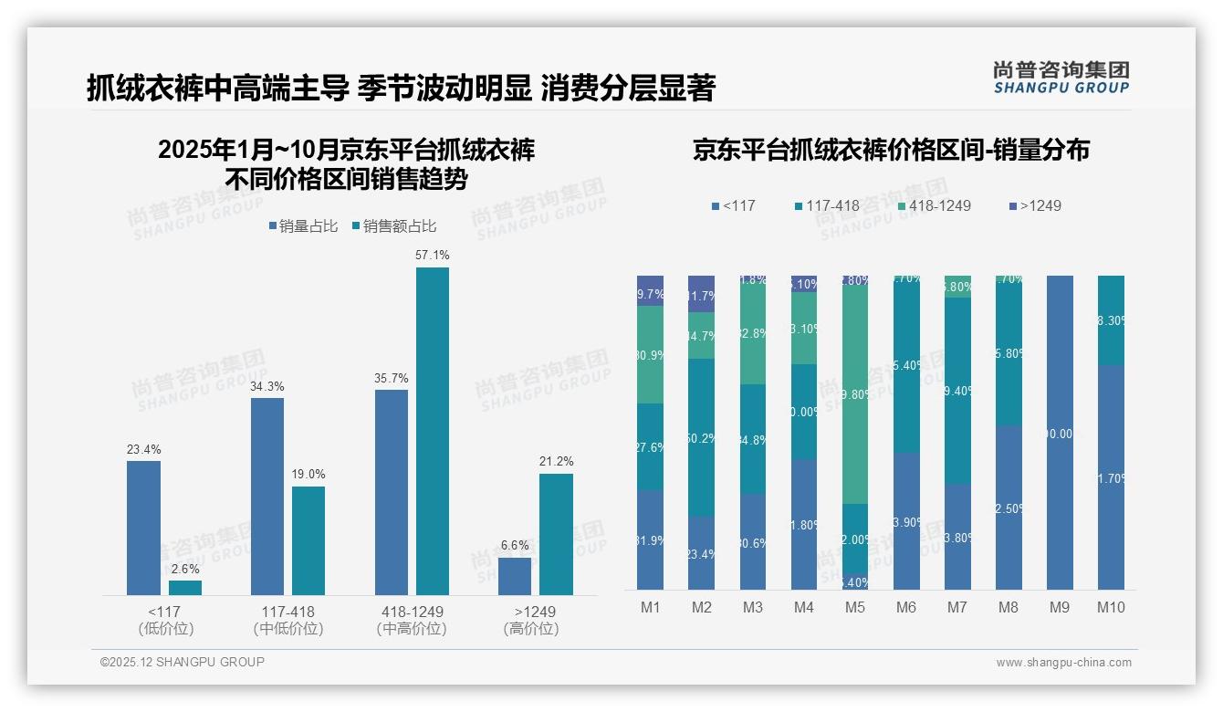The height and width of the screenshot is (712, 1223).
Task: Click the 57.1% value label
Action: point(432,256)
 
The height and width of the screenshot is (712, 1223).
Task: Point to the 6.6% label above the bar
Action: point(515,546)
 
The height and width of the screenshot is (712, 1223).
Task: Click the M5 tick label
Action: point(855,607)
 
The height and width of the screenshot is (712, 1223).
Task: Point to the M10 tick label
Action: point(1111,607)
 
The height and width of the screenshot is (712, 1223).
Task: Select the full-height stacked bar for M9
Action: point(1060,433)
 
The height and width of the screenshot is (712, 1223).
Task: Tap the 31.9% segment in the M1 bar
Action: point(650,539)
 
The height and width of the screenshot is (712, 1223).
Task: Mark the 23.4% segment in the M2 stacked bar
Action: point(702,553)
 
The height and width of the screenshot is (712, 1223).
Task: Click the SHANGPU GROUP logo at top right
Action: point(1061,78)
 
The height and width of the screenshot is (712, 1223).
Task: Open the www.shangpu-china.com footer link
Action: point(1063,663)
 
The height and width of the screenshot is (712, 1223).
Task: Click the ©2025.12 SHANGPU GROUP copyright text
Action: point(183,663)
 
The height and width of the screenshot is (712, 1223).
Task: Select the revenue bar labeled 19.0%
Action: point(308,540)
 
